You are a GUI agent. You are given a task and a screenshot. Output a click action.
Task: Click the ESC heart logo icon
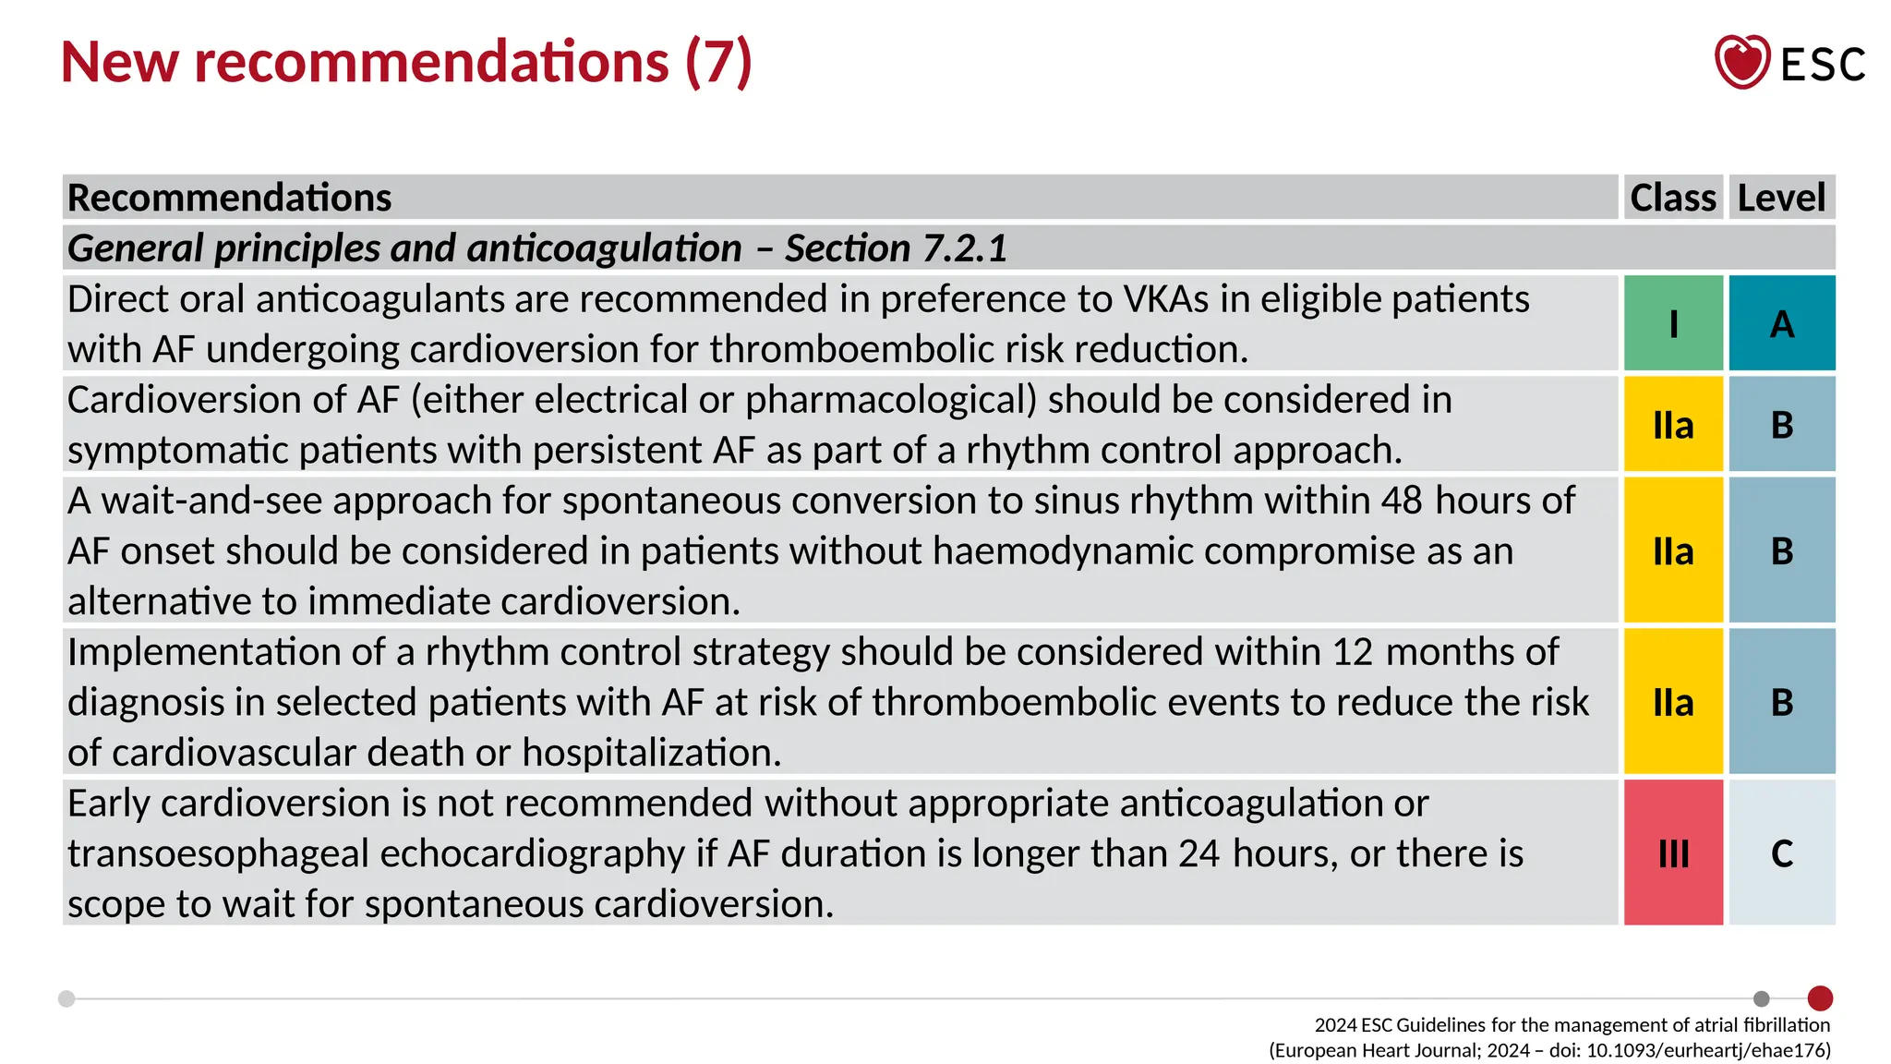(1741, 62)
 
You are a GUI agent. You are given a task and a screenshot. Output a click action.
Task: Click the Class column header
(1672, 198)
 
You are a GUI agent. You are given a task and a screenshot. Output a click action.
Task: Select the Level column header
(1781, 198)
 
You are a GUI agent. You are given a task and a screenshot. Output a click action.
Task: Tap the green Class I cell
(1673, 323)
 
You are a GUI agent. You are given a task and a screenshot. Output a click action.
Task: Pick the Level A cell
(1782, 323)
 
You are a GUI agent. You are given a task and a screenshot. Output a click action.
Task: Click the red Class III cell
(1673, 852)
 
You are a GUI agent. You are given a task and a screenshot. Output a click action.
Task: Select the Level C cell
(1782, 852)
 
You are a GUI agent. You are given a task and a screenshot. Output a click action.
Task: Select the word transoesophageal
(218, 853)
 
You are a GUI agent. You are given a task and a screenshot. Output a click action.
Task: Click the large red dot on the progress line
(1820, 998)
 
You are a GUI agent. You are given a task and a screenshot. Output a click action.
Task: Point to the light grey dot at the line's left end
(66, 998)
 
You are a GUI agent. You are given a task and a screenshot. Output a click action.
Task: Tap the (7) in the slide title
(718, 63)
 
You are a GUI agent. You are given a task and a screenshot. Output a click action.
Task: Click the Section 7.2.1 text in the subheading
(896, 248)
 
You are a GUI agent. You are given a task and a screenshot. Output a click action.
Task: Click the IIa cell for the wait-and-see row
(1673, 551)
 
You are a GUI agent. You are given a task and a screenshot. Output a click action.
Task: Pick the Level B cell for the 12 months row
(1782, 702)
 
